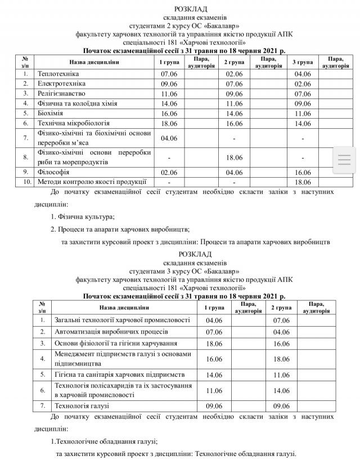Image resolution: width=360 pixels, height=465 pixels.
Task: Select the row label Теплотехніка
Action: pos(58,74)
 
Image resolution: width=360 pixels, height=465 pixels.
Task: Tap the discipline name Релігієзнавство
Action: pos(61,93)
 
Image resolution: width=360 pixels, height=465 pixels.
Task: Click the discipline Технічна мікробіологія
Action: pos(73,123)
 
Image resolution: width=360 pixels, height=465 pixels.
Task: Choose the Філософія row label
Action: pos(53,172)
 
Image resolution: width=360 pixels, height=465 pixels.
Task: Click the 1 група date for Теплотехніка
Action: pos(169,74)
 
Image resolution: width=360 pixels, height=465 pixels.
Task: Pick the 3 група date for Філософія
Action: pos(303,172)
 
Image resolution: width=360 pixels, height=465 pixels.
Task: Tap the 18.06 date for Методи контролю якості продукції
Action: pos(303,182)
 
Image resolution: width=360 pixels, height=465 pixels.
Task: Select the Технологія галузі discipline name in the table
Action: pos(82,405)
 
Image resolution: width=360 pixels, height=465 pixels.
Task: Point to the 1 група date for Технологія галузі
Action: pos(215,405)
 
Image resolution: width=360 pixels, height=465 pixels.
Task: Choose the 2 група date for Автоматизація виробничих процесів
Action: pos(281,332)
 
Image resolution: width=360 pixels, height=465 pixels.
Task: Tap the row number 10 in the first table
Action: pos(26,182)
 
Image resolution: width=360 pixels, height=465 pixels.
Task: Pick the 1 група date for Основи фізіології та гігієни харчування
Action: pos(215,343)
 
